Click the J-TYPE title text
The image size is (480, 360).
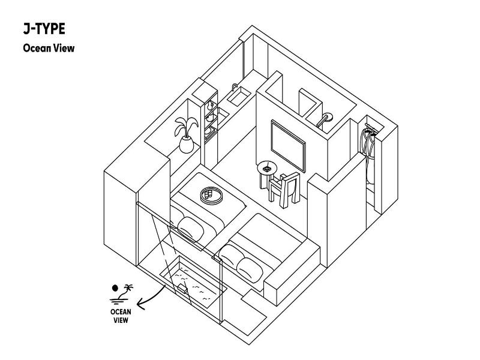click(44, 29)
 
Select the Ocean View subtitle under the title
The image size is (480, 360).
click(49, 48)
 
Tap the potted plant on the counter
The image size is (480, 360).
click(186, 135)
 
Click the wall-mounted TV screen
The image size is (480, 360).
click(288, 146)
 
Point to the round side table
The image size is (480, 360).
click(267, 175)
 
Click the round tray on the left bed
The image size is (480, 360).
click(212, 196)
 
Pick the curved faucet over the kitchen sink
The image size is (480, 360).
click(235, 87)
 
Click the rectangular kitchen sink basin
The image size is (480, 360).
click(239, 97)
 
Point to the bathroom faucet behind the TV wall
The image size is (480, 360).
click(325, 119)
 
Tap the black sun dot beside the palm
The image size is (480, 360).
click(115, 288)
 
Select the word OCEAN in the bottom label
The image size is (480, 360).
click(121, 312)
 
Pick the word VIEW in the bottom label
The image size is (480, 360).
click(121, 320)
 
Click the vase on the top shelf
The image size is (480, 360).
click(210, 106)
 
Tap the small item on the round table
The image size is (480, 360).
click(267, 168)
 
